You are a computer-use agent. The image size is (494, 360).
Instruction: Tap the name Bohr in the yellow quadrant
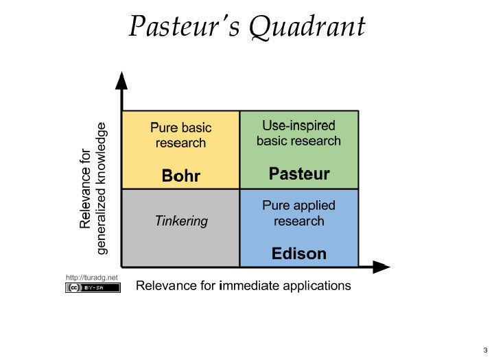[181, 176]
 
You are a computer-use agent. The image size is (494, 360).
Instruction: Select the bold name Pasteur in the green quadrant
[299, 173]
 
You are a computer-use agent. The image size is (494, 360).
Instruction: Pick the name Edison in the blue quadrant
[299, 254]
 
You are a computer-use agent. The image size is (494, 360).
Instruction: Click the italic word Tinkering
[181, 221]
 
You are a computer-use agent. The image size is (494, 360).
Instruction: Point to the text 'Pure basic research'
[181, 135]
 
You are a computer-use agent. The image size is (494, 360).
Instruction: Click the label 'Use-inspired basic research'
[299, 133]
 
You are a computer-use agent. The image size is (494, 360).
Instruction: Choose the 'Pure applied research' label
[299, 213]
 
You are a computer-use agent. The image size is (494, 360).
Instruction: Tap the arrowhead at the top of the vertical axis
[121, 80]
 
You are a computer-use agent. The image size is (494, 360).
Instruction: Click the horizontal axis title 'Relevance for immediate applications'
[244, 285]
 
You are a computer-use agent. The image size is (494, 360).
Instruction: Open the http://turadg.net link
[92, 277]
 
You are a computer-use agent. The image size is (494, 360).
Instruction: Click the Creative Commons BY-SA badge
[93, 288]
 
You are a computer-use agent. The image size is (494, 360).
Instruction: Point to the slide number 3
[484, 350]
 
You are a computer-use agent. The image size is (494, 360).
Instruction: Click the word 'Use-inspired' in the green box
[299, 125]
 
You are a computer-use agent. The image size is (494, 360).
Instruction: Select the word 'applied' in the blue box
[316, 205]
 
